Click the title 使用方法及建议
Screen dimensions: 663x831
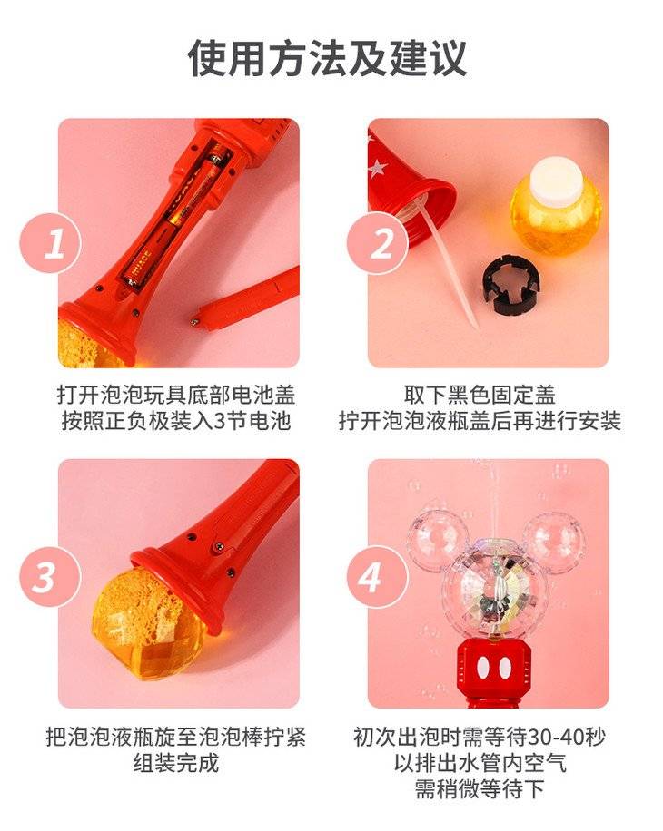tap(327, 58)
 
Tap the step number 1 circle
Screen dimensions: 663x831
tap(50, 243)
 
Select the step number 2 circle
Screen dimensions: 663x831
tap(378, 243)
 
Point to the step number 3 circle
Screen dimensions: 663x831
tap(50, 577)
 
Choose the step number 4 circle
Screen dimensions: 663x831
tap(378, 577)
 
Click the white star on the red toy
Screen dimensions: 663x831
tap(377, 168)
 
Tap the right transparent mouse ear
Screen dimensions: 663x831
tap(554, 540)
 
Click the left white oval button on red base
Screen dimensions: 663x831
tap(482, 669)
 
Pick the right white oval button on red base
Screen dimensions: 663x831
tap(504, 669)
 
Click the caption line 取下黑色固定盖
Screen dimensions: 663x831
tap(480, 395)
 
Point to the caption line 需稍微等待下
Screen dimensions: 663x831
tap(480, 789)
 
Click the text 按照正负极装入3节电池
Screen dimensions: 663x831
tap(176, 421)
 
